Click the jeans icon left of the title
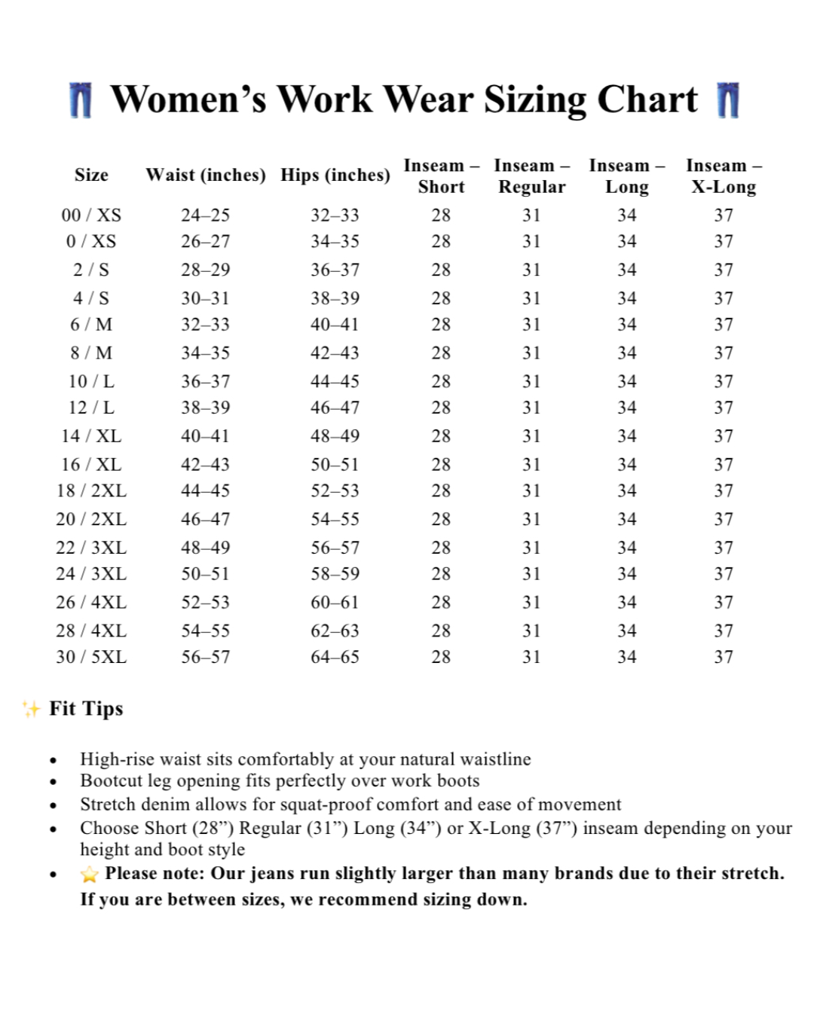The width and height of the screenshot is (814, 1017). click(81, 100)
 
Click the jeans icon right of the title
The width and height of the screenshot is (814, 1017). click(728, 100)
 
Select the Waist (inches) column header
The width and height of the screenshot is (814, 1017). click(206, 175)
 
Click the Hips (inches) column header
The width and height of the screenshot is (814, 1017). click(335, 175)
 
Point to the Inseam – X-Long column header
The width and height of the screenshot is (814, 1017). click(724, 176)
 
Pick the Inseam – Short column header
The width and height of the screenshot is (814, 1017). click(441, 176)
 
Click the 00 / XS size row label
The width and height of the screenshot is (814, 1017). click(91, 215)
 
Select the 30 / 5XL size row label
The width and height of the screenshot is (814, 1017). click(91, 657)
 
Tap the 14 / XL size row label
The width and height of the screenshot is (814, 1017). click(91, 436)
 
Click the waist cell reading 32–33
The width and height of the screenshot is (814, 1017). click(205, 325)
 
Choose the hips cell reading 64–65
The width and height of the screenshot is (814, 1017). click(335, 657)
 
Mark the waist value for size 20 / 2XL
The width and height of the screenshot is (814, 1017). click(205, 519)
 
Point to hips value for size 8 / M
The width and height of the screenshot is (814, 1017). click(335, 353)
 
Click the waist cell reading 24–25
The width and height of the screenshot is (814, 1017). click(205, 215)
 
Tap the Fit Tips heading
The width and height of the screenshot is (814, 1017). click(86, 708)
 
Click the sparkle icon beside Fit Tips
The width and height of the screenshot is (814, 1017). click(31, 708)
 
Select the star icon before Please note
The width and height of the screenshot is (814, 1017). click(90, 874)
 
